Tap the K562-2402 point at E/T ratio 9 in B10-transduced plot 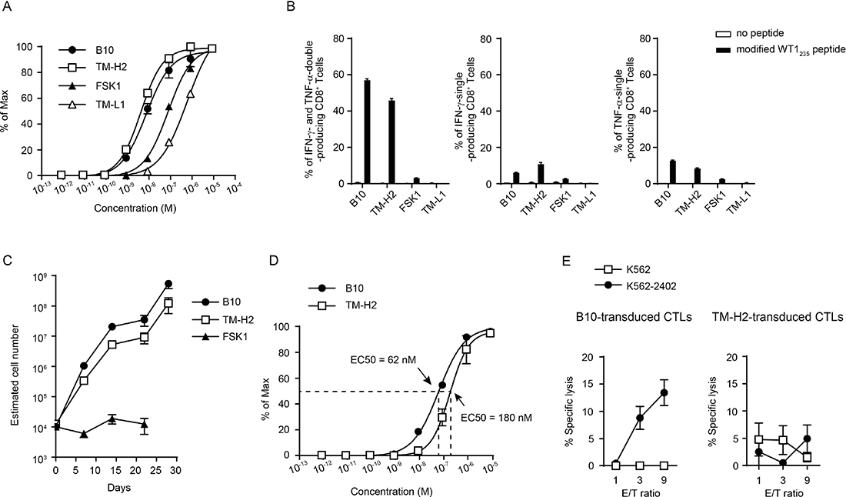(x=664, y=393)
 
